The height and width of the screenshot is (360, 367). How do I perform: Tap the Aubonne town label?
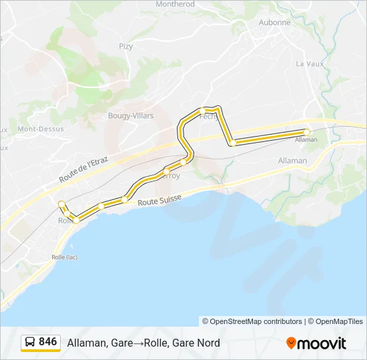coord(274,22)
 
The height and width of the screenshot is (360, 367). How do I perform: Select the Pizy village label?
coord(126,46)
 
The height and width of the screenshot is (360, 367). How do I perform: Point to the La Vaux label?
coord(308,64)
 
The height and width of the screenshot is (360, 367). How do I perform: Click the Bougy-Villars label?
coord(131,115)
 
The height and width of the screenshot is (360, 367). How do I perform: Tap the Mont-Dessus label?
coord(41,129)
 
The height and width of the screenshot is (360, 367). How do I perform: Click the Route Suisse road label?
coord(159,201)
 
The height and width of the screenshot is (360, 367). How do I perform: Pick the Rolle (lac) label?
coord(65,257)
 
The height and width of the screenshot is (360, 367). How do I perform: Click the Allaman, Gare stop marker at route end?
coord(307,132)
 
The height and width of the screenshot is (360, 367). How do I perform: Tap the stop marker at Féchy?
coord(202,110)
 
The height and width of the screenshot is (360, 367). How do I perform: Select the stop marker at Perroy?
coord(166,172)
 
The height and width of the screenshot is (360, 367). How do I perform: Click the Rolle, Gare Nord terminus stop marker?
coord(61,203)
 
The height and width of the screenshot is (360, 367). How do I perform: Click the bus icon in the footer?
coord(29,343)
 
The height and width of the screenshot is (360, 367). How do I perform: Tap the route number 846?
coord(48,342)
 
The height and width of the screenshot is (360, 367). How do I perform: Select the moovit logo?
coord(316,343)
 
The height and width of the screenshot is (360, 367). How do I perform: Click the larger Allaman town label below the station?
coord(292,161)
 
